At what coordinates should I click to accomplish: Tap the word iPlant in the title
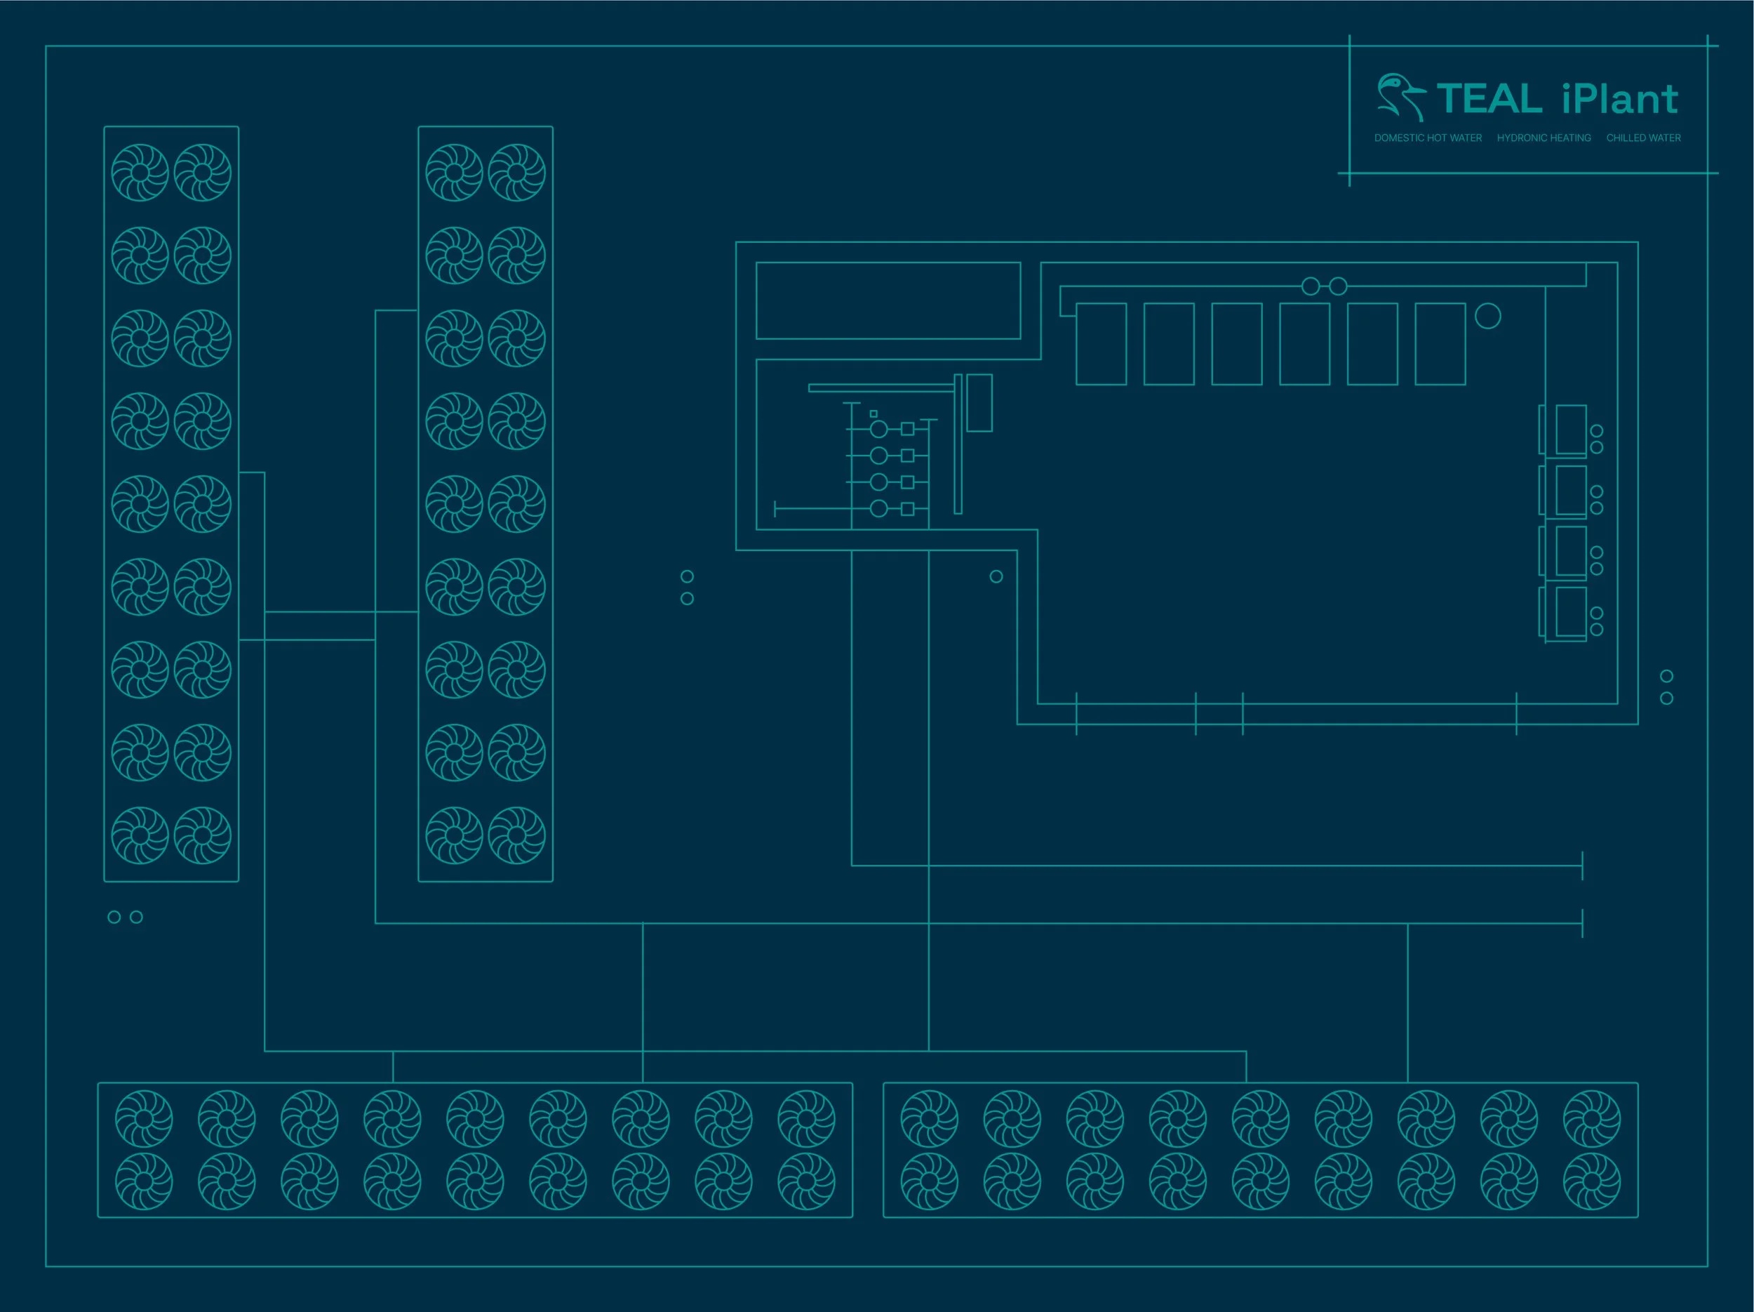click(1619, 99)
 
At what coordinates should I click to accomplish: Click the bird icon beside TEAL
click(1399, 97)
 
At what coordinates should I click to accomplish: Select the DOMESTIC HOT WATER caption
click(1427, 138)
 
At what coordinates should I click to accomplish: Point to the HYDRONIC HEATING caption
click(1543, 138)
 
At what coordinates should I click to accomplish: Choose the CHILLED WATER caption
click(1643, 138)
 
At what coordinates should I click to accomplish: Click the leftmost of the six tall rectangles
click(1101, 343)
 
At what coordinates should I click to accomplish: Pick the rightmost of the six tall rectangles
click(1440, 343)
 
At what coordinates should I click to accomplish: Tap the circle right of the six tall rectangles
click(1487, 317)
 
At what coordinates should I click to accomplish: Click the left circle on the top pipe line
click(1311, 286)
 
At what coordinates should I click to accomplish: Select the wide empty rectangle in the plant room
click(888, 300)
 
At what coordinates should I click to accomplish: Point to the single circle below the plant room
click(996, 577)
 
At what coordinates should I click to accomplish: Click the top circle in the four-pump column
click(878, 429)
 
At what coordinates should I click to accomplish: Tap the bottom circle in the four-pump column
click(878, 508)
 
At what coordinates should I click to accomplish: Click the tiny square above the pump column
click(873, 414)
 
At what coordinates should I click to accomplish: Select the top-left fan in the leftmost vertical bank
click(140, 172)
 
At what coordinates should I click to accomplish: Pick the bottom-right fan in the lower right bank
click(1591, 1181)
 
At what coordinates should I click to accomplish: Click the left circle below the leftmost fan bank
click(114, 917)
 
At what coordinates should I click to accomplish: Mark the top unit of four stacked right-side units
click(1570, 429)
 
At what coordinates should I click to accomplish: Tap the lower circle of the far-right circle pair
click(1667, 698)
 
